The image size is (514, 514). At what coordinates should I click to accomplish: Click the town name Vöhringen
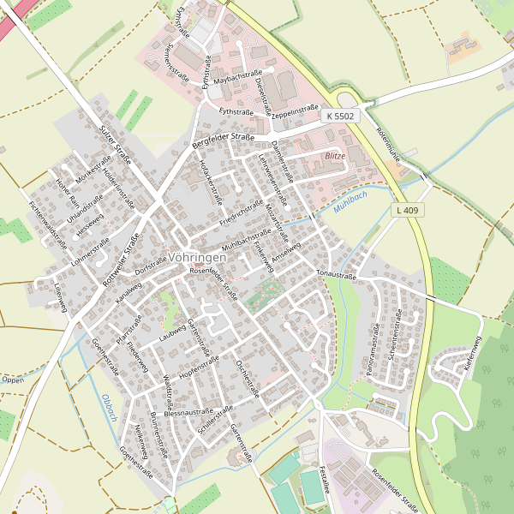(x=198, y=256)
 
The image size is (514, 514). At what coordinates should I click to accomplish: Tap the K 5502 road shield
(x=339, y=115)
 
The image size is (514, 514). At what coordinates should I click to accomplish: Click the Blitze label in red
(x=335, y=156)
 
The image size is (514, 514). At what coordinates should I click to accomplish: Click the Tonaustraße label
(x=336, y=274)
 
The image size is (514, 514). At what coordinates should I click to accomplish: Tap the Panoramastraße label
(x=375, y=347)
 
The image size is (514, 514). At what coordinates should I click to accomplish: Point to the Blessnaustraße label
(x=188, y=412)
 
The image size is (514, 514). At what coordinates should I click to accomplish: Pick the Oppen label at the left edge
(x=12, y=379)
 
